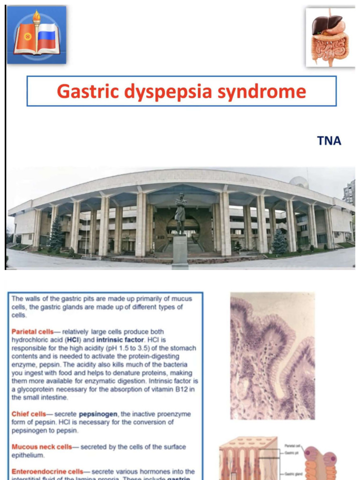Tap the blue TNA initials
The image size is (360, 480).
click(x=329, y=141)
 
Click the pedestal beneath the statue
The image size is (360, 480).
click(x=180, y=251)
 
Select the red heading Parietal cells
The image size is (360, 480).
click(x=33, y=332)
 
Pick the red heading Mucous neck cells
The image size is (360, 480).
click(x=42, y=447)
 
